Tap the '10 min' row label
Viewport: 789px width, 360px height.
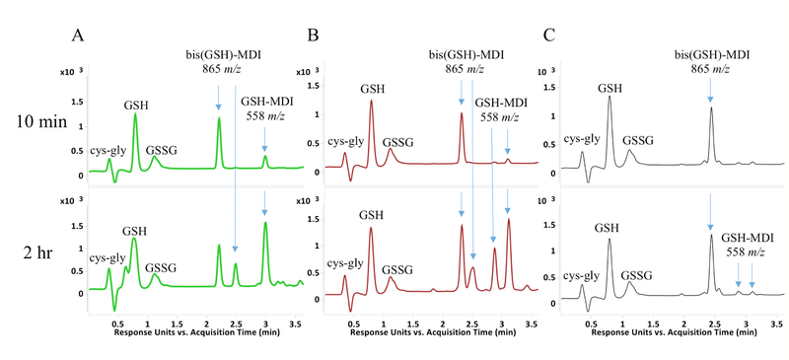coord(39,122)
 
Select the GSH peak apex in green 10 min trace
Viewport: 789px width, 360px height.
coord(135,114)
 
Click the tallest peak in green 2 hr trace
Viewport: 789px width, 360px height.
coord(265,223)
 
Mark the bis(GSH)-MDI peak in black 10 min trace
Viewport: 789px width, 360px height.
coord(710,108)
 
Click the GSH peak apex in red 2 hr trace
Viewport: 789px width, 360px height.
coord(371,229)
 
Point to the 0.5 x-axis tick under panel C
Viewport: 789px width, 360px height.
coord(590,322)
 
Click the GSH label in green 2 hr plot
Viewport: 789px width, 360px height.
coord(134,231)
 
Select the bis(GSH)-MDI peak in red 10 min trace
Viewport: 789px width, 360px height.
coord(461,113)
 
